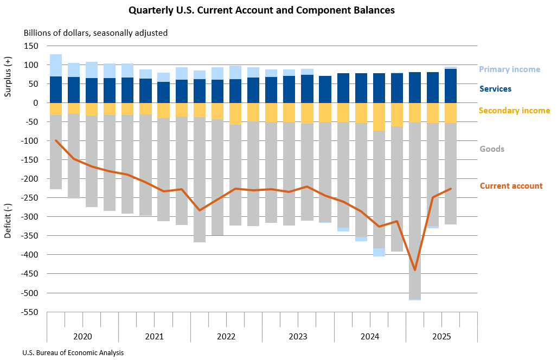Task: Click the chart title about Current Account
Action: [261, 10]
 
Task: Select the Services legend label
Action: [495, 89]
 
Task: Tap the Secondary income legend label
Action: [514, 111]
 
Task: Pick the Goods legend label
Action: [492, 149]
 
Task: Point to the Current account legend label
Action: [511, 186]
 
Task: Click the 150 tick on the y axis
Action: [31, 46]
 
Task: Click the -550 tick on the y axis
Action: [30, 312]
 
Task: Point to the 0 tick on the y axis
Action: [35, 103]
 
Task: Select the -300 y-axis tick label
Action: [30, 217]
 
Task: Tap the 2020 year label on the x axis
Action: [82, 336]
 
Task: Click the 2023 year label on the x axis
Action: [298, 336]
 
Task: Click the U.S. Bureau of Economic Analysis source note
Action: [73, 352]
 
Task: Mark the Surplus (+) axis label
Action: [8, 76]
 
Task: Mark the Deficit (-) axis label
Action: [8, 221]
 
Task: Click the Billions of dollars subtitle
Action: [95, 33]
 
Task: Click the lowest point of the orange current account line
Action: [415, 269]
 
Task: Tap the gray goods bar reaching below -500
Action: [415, 217]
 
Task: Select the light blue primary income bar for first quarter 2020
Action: [56, 65]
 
